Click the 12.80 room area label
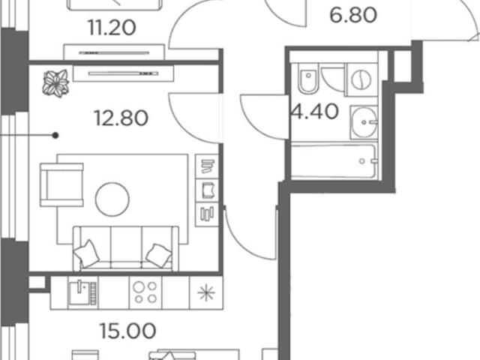(121, 118)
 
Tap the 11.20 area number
(112, 28)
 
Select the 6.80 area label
(353, 15)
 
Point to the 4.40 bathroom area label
(315, 112)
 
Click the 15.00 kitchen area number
(128, 331)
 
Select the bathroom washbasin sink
(364, 122)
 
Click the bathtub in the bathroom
(334, 160)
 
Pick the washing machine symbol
(361, 79)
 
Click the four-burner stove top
(145, 292)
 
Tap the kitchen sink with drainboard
(82, 292)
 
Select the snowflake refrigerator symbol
(206, 292)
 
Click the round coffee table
(112, 199)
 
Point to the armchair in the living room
(61, 185)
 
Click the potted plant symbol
(55, 83)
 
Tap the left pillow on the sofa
(87, 253)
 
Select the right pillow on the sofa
(159, 255)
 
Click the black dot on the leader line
(55, 135)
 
